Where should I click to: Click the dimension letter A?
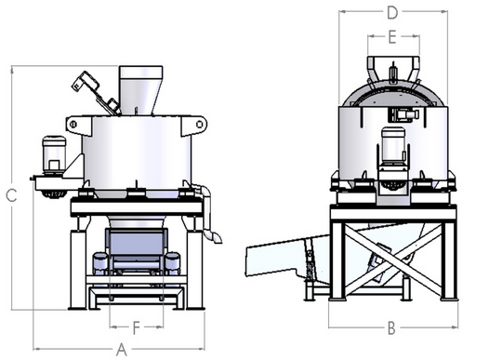click(122, 350)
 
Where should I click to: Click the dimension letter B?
click(391, 327)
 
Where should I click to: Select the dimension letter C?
click(11, 195)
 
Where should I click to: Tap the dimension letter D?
click(392, 12)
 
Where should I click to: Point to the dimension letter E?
click(392, 37)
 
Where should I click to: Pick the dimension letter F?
click(137, 327)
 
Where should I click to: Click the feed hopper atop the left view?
click(140, 90)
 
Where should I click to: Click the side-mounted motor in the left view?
click(54, 154)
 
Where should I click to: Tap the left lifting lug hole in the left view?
click(73, 125)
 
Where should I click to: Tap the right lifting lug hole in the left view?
click(200, 124)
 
